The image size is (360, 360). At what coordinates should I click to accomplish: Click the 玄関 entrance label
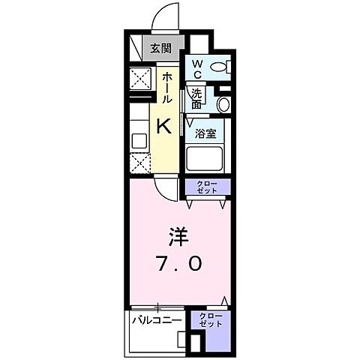pos(159,49)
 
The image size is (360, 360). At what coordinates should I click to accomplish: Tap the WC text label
pos(196,69)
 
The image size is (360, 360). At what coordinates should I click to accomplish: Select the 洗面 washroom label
pos(196,99)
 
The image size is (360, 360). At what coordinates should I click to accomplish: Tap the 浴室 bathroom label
pos(206,135)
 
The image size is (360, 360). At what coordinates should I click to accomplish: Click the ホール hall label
pos(164,88)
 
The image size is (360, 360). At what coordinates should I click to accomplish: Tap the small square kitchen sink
pos(139,139)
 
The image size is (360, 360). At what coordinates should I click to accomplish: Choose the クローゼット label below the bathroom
pos(207,188)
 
